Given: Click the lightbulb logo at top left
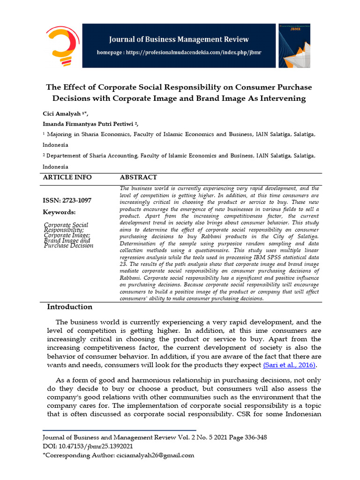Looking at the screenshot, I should pos(62,45).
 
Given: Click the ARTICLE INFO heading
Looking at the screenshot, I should pos(67,178).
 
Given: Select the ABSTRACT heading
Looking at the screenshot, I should pos(138,178).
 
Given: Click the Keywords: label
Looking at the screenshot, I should pos(59,212).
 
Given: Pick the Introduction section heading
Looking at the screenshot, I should pos(70,307).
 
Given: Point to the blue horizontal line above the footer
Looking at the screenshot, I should pos(119,430).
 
